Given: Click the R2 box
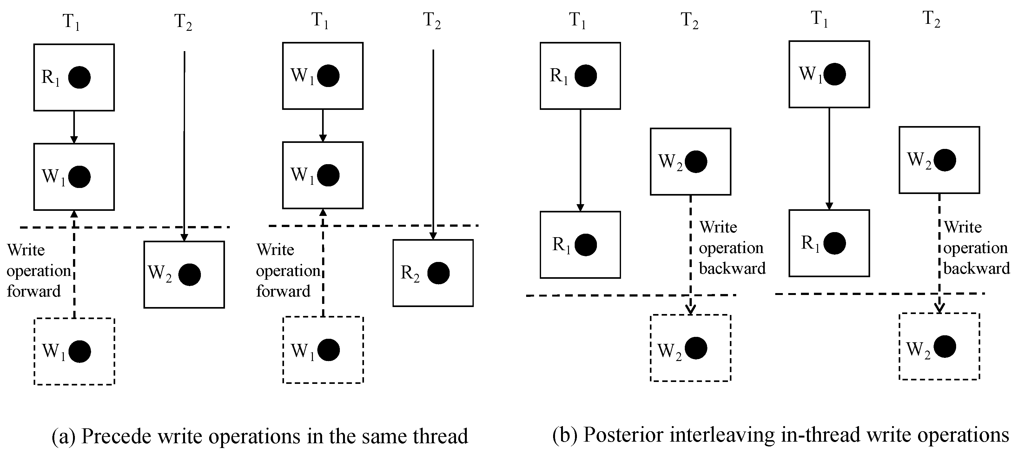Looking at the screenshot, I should click(x=433, y=273).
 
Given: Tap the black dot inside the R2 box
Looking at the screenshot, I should click(x=438, y=273).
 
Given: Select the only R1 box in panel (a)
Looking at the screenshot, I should click(x=74, y=77).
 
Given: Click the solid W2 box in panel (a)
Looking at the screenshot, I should click(x=184, y=274).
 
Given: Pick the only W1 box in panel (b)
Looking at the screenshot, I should click(x=829, y=74).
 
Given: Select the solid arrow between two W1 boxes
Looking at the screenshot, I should click(x=322, y=125).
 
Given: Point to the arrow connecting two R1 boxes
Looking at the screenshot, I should click(x=580, y=160).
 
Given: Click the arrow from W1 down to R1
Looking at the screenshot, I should click(x=829, y=158).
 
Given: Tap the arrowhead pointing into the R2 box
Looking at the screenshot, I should click(x=433, y=236).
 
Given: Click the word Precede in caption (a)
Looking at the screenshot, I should click(x=112, y=436).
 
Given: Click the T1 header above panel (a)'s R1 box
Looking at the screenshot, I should click(x=71, y=21).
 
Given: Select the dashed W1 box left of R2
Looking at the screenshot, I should click(x=322, y=350).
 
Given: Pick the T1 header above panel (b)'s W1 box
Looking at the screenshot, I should click(x=819, y=19).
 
